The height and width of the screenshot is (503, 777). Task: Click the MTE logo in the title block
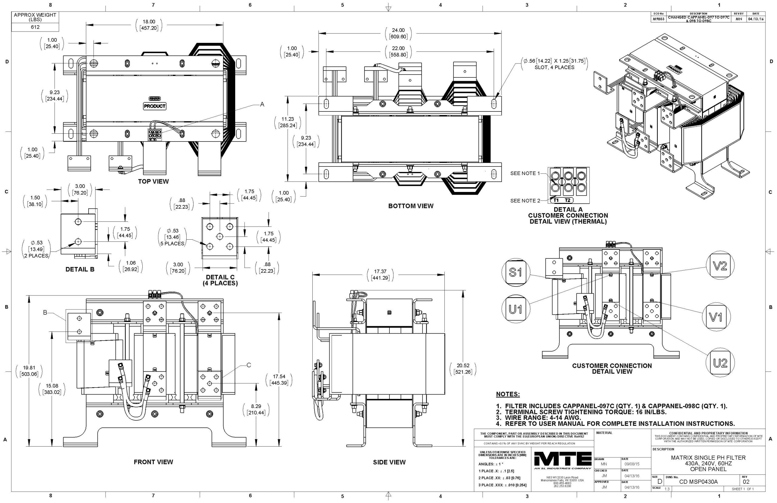pos(563,460)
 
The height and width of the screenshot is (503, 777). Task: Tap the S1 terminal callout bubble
pos(515,272)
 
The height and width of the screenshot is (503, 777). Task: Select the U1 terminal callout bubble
pos(515,309)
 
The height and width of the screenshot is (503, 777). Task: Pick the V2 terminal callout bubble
pos(720,266)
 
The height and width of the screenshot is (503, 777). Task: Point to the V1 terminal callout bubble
pos(716,317)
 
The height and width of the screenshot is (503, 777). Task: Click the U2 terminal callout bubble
pos(720,363)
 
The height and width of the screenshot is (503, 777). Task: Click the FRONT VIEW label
pos(153,462)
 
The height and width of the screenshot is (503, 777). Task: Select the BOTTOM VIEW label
pos(411,206)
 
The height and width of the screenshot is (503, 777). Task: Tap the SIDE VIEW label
pos(389,462)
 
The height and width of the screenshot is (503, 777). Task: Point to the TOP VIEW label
pos(153,181)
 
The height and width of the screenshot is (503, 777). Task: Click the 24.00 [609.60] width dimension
pos(398,33)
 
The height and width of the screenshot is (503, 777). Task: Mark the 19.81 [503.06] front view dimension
pos(29,371)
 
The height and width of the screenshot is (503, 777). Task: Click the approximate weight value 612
pos(35,27)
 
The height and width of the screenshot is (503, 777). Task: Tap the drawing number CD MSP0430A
pos(698,482)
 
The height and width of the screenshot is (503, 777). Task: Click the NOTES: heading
pos(508,394)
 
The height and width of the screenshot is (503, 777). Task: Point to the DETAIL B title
pos(80,269)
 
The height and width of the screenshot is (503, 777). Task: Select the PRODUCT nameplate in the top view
pos(155,106)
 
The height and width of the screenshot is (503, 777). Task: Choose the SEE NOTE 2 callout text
pos(525,200)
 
